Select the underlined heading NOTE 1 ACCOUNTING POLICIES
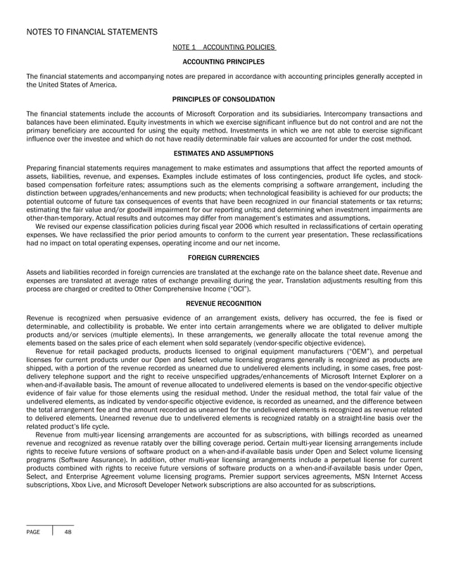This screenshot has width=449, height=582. pos(224,48)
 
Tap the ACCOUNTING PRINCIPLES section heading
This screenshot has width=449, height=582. pos(224,62)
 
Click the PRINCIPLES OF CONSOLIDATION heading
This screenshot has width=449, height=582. pos(224,99)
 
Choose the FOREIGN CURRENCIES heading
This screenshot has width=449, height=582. pos(224,257)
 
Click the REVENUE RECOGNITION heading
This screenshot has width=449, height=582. pos(224,304)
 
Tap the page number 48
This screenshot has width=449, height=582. pos(68,532)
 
